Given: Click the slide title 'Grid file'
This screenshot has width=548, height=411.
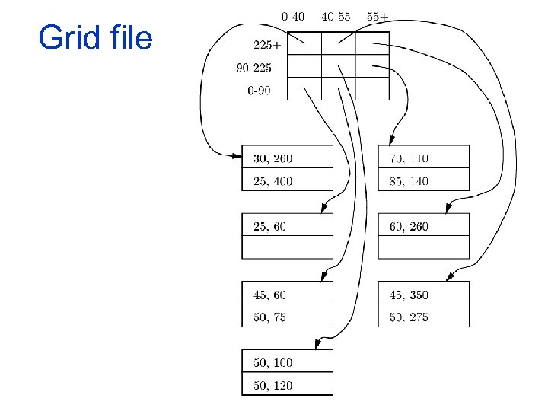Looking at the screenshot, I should (95, 38).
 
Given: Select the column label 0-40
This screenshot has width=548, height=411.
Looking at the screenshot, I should (293, 16).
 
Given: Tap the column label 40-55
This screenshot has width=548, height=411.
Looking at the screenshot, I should (336, 16).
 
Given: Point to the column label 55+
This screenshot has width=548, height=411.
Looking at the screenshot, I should (378, 16).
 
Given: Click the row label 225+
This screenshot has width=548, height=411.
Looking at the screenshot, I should (266, 45).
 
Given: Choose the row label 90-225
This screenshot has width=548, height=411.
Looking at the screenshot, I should (253, 68).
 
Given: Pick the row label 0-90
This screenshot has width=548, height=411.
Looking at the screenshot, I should (260, 91).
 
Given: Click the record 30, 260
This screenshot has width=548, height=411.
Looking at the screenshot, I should (272, 158).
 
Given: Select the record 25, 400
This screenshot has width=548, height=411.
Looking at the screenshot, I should (272, 181).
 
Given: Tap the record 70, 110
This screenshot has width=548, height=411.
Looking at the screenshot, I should (409, 158).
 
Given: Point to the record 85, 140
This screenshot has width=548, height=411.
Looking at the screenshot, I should (409, 181).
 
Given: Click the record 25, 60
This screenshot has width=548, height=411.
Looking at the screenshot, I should (269, 226).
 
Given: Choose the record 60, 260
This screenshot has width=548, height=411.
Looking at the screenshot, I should (409, 226).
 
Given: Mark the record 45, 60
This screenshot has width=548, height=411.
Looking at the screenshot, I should (269, 295).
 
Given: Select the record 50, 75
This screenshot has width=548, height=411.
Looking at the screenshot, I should (269, 317).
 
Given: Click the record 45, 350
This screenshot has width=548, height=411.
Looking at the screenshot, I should (409, 295).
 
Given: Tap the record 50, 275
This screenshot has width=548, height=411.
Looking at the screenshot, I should (409, 317).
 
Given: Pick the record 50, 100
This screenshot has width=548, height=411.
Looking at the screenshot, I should (272, 363).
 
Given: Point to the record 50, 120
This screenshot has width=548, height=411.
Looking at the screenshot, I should (272, 386).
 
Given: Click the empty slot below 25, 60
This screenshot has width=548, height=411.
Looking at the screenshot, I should (288, 247).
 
